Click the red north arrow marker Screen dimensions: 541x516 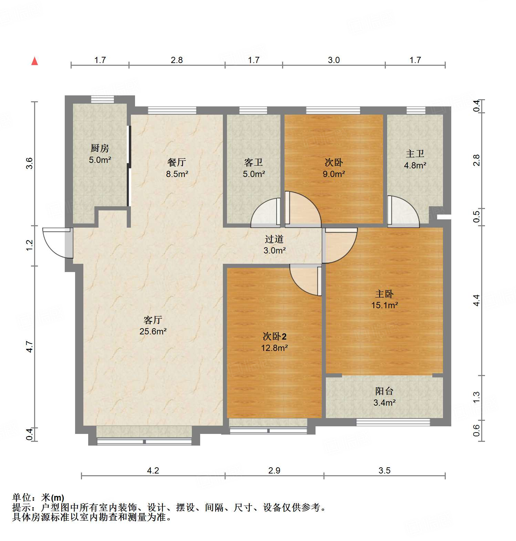34,61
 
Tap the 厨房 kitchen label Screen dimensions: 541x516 100,148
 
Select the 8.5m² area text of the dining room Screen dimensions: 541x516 177,174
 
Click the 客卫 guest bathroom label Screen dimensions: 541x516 254,163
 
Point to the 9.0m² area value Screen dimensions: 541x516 334,174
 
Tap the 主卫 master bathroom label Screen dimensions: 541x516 415,154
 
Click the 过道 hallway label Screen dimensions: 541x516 274,239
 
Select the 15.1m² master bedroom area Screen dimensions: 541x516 384,305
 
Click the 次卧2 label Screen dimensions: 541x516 274,336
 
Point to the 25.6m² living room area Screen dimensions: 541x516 153,332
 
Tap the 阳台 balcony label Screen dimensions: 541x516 384,391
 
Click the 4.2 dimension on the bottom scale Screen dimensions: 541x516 153,471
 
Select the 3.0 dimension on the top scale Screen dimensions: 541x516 333,60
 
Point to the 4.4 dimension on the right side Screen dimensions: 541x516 476,300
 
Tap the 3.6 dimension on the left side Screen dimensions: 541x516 30,163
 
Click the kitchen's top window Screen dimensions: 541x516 102,100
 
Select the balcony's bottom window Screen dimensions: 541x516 393,422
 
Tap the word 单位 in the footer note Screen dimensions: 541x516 21,498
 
